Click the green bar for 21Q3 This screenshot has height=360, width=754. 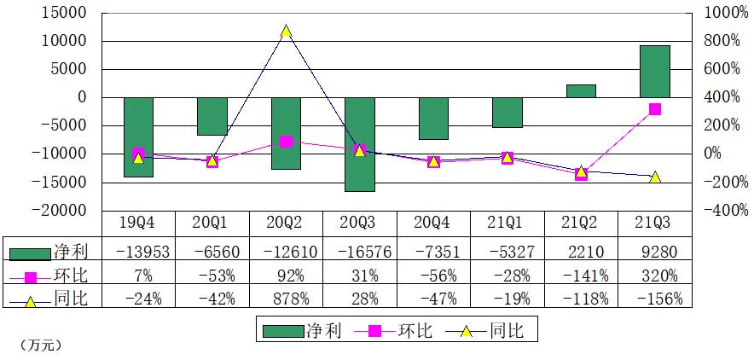pyautogui.click(x=654, y=72)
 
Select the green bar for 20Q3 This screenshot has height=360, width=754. pyautogui.click(x=360, y=143)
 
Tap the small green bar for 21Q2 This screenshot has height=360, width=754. pyautogui.click(x=581, y=90)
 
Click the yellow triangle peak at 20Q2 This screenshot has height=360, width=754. pyautogui.click(x=287, y=31)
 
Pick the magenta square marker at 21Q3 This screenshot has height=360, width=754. pyautogui.click(x=654, y=109)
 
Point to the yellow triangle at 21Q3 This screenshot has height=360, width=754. pyautogui.click(x=654, y=177)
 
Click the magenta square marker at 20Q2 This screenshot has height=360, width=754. pyautogui.click(x=287, y=142)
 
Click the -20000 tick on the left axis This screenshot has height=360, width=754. pyautogui.click(x=65, y=211)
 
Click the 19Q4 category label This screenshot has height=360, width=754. pyautogui.click(x=138, y=223)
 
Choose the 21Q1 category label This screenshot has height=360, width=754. pyautogui.click(x=507, y=223)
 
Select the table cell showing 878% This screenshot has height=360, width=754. pyautogui.click(x=287, y=298)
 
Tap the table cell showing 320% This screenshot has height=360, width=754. pyautogui.click(x=654, y=276)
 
